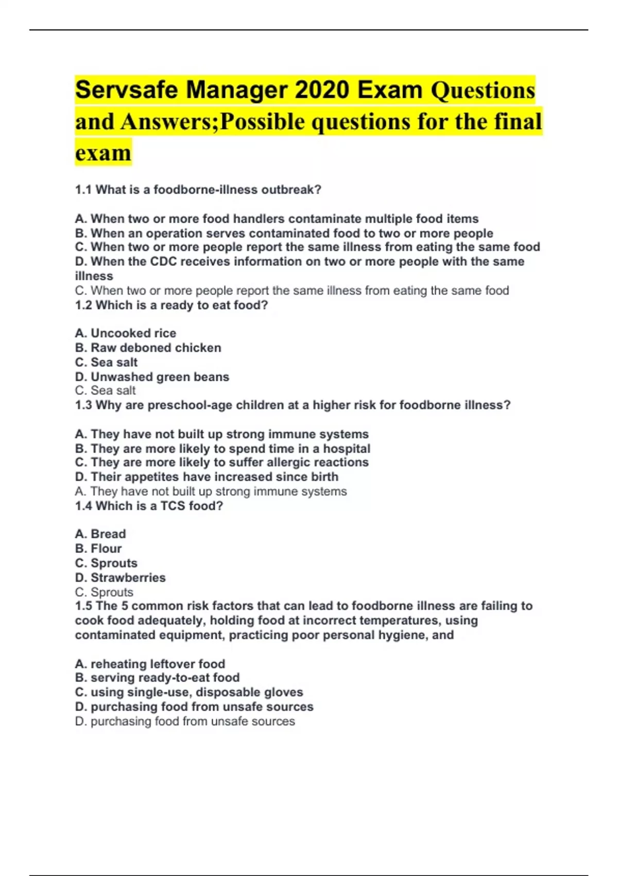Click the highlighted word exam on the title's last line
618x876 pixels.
coord(103,153)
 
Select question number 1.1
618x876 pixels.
coord(83,190)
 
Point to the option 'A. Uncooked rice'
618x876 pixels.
coord(126,333)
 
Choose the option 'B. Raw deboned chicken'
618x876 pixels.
coord(148,348)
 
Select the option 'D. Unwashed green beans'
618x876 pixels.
coord(152,377)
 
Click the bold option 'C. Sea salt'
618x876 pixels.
coord(107,362)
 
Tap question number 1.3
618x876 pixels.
coord(83,405)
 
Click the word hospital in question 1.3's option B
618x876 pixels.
coord(347,449)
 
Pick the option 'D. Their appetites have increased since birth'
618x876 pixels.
coord(207,477)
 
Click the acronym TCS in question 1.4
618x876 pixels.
coord(173,506)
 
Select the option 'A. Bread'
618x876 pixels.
coord(100,534)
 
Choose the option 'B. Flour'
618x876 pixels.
coord(98,548)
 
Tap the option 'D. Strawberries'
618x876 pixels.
coord(121,578)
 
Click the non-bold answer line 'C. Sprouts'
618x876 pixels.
coord(104,592)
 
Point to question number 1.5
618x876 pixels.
coord(83,606)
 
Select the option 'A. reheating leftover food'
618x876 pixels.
coord(150,664)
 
